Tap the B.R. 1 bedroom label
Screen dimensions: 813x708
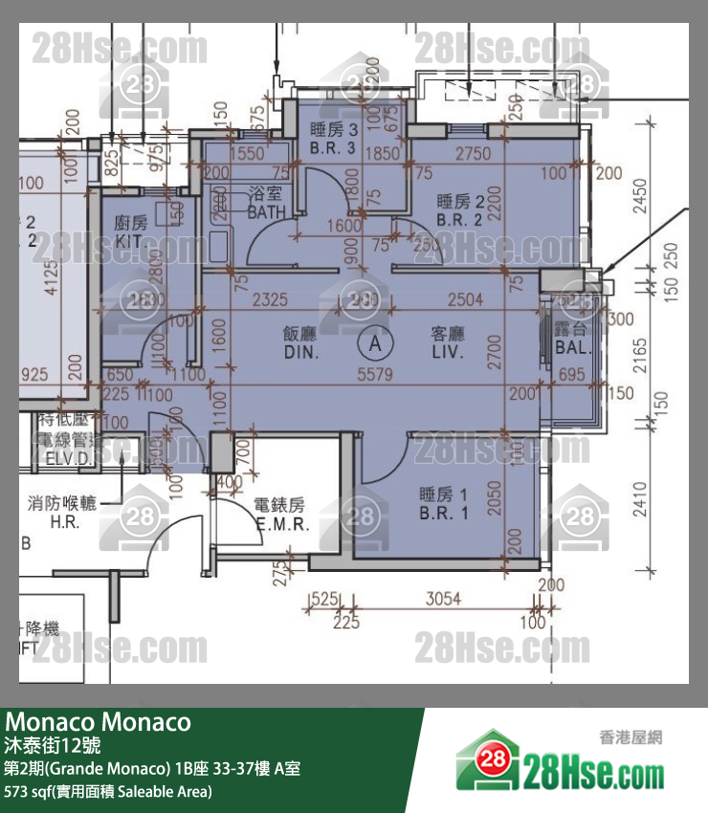444,503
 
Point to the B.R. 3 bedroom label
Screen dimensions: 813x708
333,139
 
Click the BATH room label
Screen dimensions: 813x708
265,203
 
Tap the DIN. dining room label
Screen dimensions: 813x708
301,343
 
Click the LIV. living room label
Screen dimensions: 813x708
447,343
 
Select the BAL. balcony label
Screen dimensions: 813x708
573,339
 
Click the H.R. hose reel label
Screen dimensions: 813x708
64,514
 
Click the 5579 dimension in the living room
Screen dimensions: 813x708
375,375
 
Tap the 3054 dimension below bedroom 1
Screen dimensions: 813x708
442,600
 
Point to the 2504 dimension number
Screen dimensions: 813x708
465,299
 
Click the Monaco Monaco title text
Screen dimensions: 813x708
99,721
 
